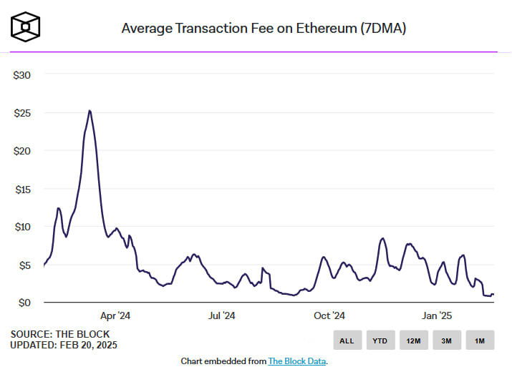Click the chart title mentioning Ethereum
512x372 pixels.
pos(265,29)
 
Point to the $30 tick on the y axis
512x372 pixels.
pos(21,74)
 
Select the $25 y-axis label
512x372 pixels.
pos(21,112)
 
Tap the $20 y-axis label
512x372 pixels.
pos(21,150)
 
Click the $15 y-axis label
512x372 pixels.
pos(21,189)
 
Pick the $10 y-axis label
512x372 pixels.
pos(21,227)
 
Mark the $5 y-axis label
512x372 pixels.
pos(24,265)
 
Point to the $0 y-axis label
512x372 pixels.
pos(24,303)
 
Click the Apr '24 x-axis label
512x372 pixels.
pos(115,315)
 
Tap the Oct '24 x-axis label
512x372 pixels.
pos(329,315)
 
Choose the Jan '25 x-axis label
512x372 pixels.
pos(436,315)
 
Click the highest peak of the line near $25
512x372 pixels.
pos(90,111)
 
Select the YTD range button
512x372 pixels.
pos(380,341)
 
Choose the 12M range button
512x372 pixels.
pos(413,341)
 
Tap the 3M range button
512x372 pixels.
pos(446,341)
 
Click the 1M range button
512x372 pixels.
pos(479,341)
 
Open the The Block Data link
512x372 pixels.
pos(297,361)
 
